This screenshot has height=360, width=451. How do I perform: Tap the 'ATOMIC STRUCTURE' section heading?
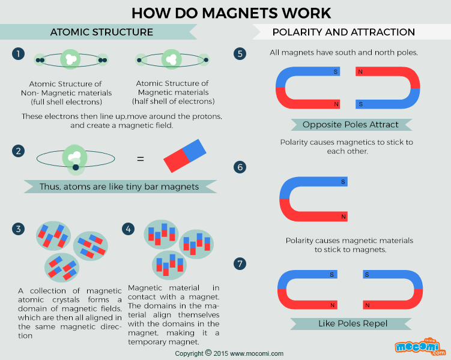(101, 32)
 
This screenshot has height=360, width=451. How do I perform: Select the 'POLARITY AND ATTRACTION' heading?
(344, 32)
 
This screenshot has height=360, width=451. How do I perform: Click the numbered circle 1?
(19, 54)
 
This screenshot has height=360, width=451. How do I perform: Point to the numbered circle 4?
(128, 229)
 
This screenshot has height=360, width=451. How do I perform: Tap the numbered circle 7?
(240, 263)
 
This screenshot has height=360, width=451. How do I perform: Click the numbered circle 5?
(240, 54)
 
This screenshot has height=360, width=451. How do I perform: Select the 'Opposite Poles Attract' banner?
(351, 125)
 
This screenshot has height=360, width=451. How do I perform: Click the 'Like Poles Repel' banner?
(353, 324)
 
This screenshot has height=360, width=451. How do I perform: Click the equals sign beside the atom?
(141, 159)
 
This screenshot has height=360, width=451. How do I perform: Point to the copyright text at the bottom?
(229, 353)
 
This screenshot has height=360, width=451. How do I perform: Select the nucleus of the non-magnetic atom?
(71, 59)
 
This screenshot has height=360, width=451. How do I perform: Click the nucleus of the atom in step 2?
(75, 157)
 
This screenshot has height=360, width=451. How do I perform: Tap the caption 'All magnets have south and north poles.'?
(344, 53)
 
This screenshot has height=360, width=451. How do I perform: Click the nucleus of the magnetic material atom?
(172, 59)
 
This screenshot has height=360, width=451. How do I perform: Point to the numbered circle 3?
(19, 229)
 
